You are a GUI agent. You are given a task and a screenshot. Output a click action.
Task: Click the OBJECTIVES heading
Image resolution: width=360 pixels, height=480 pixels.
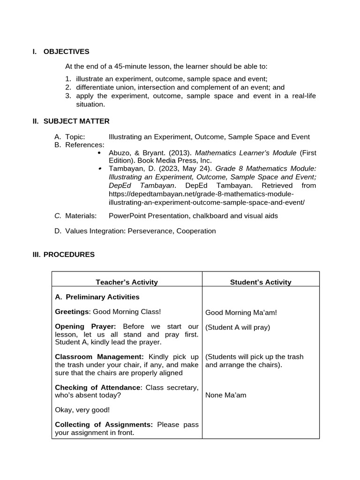(x=66, y=52)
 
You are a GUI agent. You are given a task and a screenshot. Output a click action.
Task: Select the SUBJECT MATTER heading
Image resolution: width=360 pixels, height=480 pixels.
(x=76, y=121)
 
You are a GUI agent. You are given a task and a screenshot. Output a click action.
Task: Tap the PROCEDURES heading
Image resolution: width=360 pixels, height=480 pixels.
(x=69, y=255)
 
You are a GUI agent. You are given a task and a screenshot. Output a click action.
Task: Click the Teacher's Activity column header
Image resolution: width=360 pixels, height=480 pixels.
(x=127, y=282)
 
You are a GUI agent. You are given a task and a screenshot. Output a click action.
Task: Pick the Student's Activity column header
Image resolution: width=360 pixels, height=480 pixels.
(x=261, y=282)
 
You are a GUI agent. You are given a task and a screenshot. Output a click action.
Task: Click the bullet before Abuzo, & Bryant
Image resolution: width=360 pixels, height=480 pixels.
(x=99, y=153)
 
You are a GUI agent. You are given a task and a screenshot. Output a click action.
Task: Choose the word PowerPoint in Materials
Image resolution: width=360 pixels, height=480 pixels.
(x=126, y=216)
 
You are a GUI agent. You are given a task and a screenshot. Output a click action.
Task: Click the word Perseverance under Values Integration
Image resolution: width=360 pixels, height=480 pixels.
(x=150, y=231)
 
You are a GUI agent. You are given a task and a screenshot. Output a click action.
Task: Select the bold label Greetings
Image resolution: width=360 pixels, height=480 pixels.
(x=72, y=312)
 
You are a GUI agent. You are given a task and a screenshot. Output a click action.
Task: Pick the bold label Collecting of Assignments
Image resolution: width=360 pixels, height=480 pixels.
(x=104, y=425)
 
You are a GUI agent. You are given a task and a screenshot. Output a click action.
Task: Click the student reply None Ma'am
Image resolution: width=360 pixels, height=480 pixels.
(x=225, y=395)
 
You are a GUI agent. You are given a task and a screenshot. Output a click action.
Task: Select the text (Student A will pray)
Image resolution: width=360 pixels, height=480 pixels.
(x=238, y=327)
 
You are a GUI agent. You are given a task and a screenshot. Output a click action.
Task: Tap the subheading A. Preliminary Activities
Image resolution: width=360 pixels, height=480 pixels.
(x=97, y=297)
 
